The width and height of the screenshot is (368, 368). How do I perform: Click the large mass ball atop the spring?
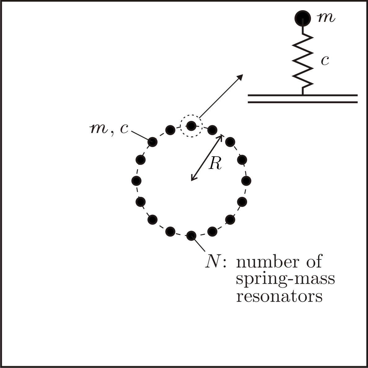[x=302, y=18]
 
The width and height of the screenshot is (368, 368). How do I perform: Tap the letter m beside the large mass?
[x=326, y=18]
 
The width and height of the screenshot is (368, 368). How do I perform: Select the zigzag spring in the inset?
[x=303, y=60]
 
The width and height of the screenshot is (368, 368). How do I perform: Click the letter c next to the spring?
[x=325, y=61]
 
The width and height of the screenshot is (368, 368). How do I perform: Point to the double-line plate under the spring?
[x=303, y=99]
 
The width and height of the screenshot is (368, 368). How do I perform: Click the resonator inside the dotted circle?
[x=191, y=126]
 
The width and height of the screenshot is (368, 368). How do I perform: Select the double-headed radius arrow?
[x=207, y=157]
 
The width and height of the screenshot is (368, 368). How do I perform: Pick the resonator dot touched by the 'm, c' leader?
[x=153, y=142]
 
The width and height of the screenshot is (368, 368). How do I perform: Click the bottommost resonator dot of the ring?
[x=191, y=236]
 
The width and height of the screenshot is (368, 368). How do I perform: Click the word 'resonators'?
[x=279, y=296]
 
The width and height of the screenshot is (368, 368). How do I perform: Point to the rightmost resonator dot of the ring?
[x=246, y=180]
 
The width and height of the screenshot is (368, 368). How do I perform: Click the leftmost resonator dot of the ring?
[x=136, y=180]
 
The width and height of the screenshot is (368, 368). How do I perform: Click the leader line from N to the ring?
[x=199, y=245]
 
